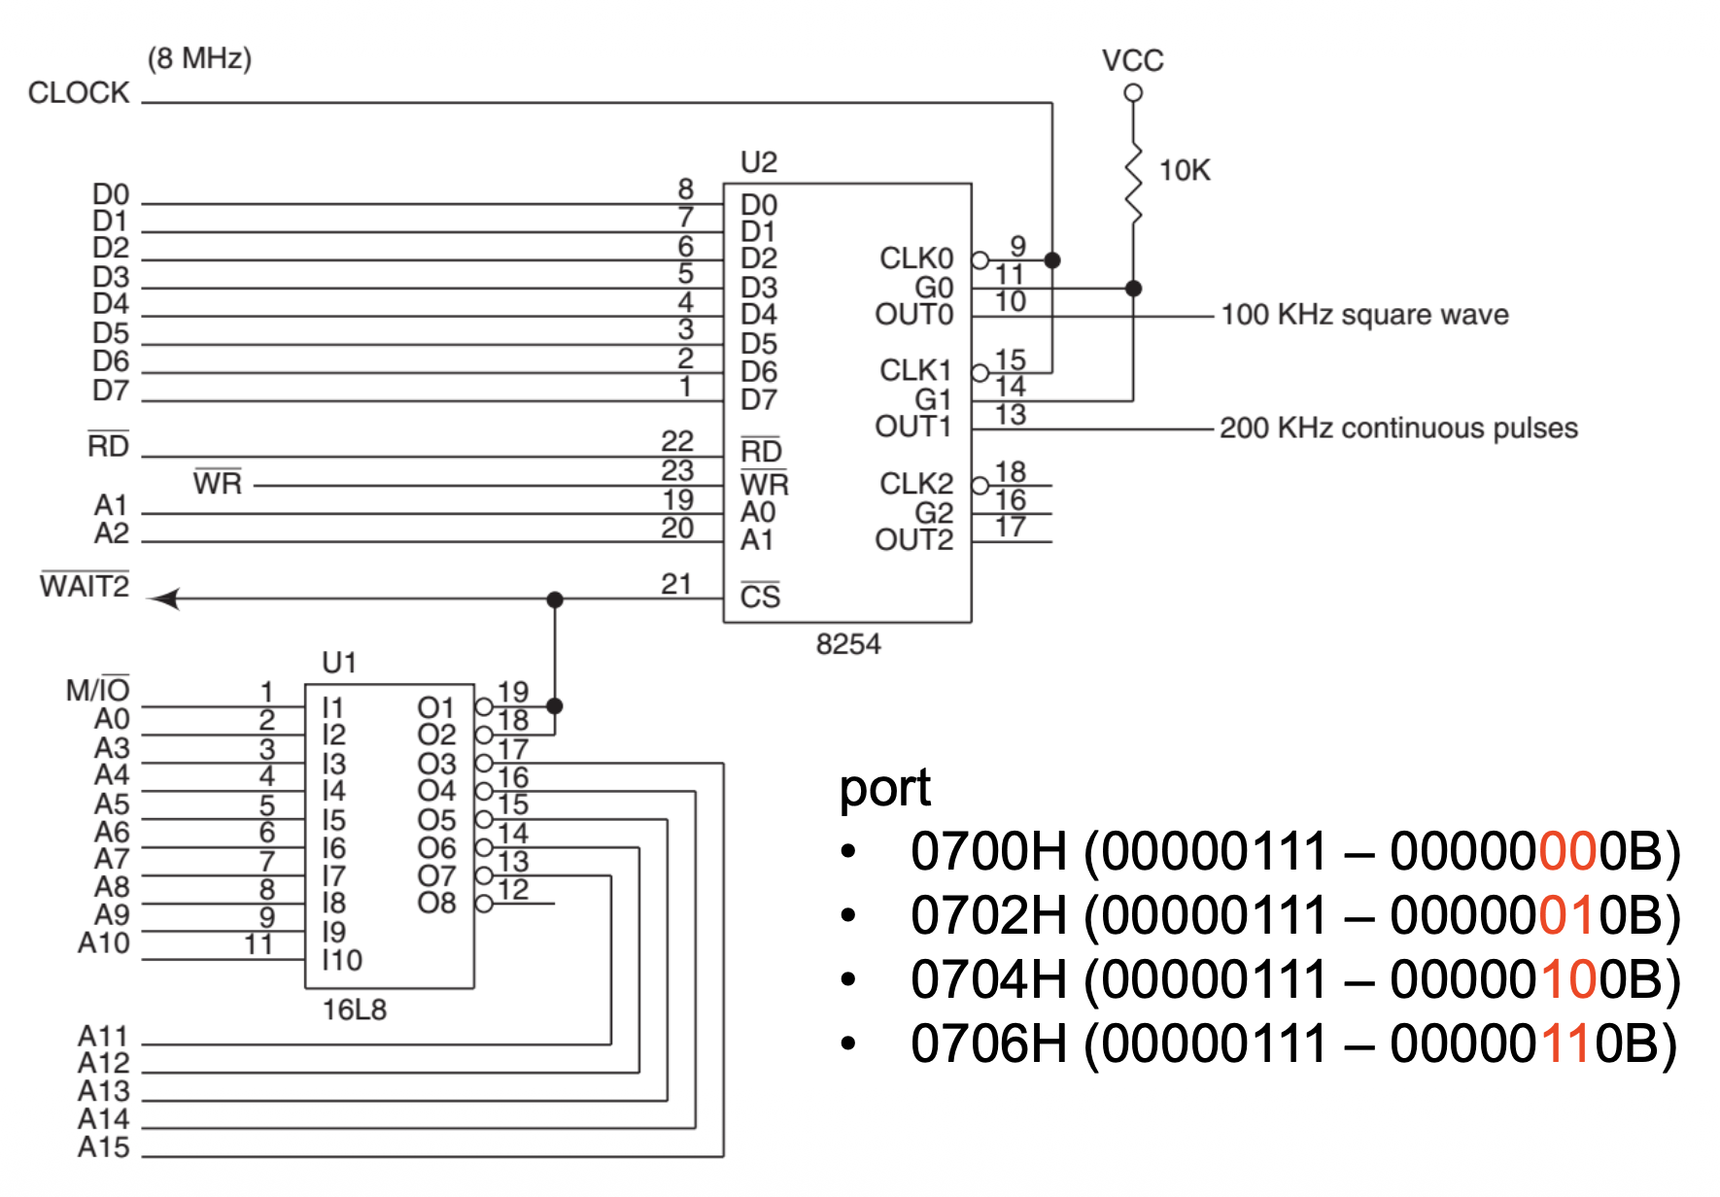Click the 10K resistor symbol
click(1133, 185)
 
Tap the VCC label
click(1132, 60)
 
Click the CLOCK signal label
click(79, 93)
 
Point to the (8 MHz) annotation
click(199, 58)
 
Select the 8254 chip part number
click(847, 644)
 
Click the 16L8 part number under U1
click(354, 1010)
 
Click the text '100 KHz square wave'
click(1364, 315)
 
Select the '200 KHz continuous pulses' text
click(1398, 428)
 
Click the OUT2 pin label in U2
click(913, 540)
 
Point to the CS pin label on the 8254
click(760, 596)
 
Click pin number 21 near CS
click(676, 584)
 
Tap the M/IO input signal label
click(97, 690)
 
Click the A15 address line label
click(103, 1147)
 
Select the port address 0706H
click(987, 1043)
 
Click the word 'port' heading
click(884, 787)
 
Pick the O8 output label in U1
click(436, 904)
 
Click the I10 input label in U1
click(342, 960)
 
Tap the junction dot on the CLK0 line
click(1051, 260)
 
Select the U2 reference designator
click(758, 162)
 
